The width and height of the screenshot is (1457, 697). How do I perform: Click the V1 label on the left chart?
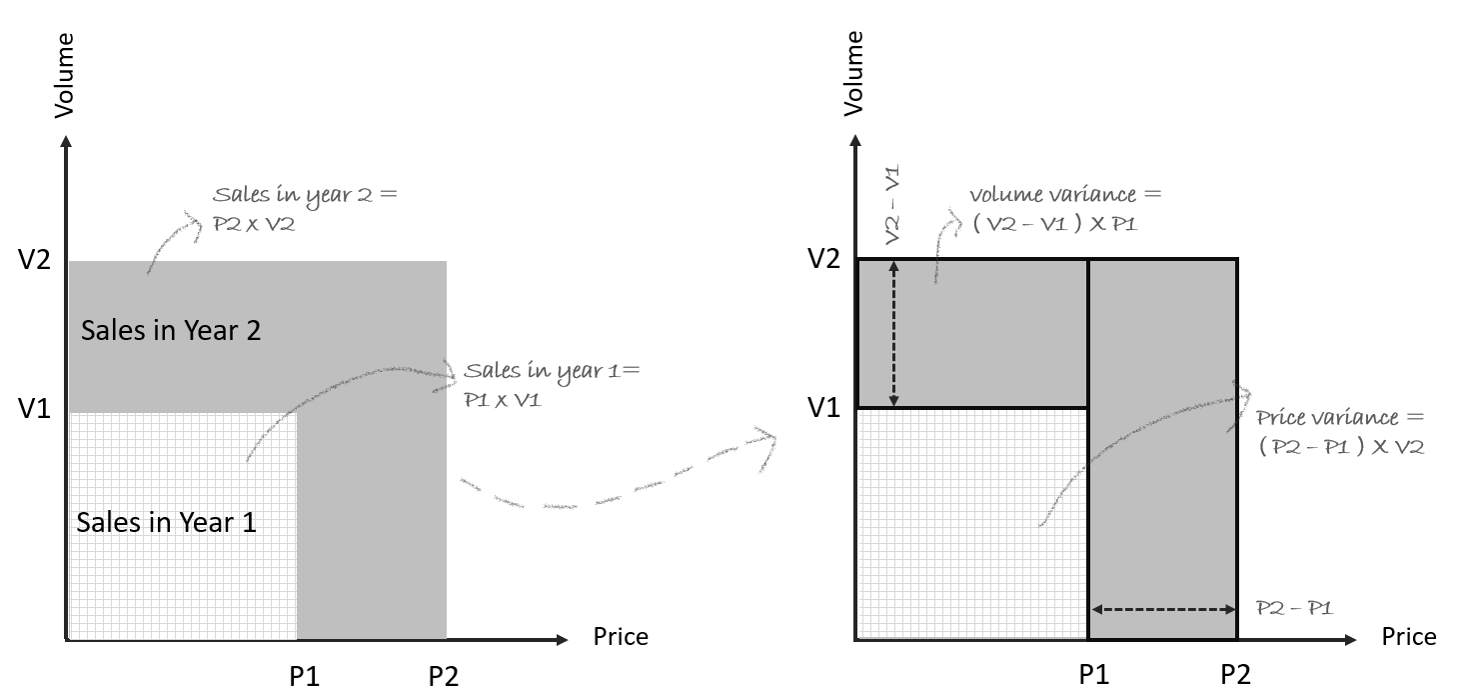tap(34, 408)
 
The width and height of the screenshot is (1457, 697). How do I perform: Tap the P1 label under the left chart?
tap(305, 676)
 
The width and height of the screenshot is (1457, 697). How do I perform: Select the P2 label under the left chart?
tap(444, 676)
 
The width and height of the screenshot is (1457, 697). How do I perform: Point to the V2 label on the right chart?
tap(823, 260)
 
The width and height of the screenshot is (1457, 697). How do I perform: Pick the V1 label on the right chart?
tap(823, 407)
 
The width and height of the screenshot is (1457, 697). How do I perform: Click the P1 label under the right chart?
tap(1094, 675)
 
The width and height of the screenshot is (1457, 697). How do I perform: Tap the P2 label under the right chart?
tap(1235, 675)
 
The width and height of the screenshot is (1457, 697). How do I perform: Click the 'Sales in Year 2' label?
tap(171, 330)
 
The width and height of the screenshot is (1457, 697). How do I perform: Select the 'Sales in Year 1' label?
tap(166, 521)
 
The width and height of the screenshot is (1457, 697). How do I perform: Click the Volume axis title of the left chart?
tap(65, 75)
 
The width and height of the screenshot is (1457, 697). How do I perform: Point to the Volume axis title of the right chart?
tap(853, 75)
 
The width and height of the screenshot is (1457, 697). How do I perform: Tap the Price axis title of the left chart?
tap(621, 637)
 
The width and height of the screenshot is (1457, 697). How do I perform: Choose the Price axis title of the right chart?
tap(1409, 637)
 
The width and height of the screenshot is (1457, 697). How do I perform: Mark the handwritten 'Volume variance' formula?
tap(1065, 209)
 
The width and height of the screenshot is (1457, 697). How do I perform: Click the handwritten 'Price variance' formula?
tap(1340, 432)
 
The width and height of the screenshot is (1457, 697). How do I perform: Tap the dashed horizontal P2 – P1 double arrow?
tap(1162, 608)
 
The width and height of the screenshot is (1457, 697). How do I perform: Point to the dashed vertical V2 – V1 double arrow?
tap(893, 333)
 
